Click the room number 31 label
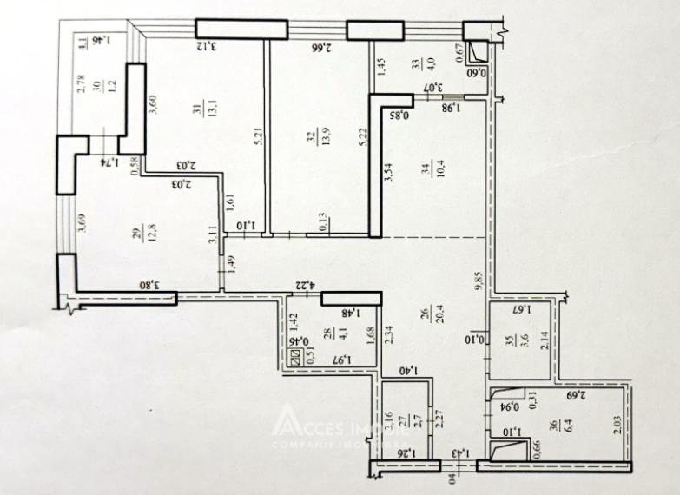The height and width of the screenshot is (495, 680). pos(194,108)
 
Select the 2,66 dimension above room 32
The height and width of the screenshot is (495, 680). pos(319,47)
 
